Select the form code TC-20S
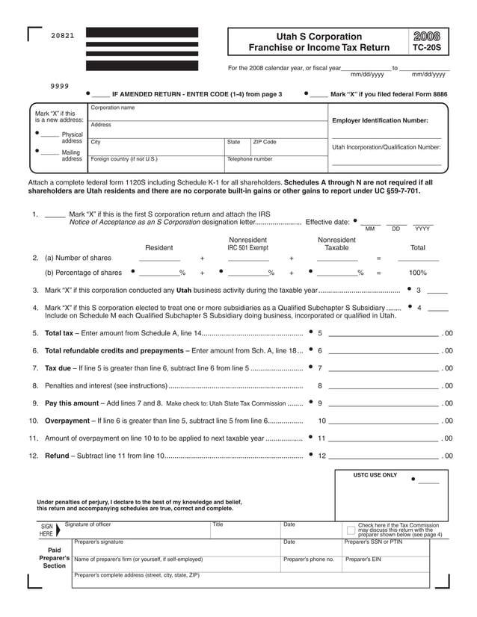(x=426, y=48)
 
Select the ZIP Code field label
(x=265, y=141)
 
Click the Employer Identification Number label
(x=380, y=120)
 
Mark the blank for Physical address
(x=49, y=134)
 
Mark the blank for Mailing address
(x=49, y=152)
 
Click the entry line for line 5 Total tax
(x=383, y=333)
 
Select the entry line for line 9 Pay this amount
(x=383, y=403)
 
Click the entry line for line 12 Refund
(x=383, y=456)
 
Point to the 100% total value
(x=418, y=273)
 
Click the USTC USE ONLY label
(x=375, y=475)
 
